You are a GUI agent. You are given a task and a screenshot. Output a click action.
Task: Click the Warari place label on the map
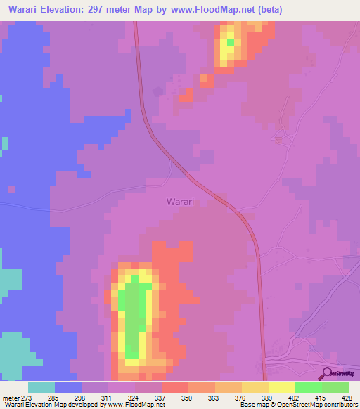[180, 202]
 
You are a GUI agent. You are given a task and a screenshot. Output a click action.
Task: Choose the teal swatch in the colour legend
[41, 387]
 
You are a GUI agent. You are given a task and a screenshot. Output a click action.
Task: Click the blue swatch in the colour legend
[67, 387]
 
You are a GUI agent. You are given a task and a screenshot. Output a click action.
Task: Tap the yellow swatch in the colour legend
[281, 387]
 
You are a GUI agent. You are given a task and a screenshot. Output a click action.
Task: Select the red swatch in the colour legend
[174, 387]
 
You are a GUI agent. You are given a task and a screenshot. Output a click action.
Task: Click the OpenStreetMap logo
[338, 373]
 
